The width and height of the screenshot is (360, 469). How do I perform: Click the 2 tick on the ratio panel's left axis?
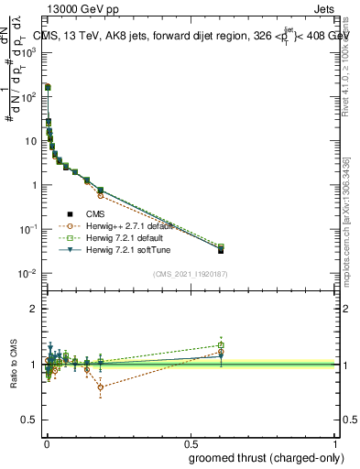point(36,309)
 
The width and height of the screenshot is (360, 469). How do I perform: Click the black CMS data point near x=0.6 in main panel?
point(221,250)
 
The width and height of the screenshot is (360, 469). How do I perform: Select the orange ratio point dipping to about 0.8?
point(100,387)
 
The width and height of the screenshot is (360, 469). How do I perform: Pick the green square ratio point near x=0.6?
point(221,345)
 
